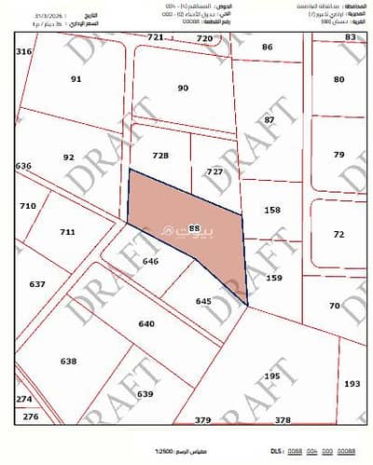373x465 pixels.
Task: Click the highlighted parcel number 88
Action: [x=195, y=227]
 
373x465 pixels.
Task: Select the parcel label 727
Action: [x=214, y=172]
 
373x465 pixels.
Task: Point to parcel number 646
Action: [x=151, y=263]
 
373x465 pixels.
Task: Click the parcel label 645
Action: [x=204, y=301]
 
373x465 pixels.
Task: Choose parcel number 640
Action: [x=145, y=323]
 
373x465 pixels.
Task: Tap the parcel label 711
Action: [x=67, y=232]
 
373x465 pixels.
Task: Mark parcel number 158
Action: [x=272, y=211]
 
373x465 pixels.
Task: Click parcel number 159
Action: [x=273, y=278]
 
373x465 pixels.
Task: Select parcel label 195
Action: [x=271, y=376]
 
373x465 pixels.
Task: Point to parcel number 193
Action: [x=351, y=383]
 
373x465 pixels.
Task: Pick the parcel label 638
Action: [x=68, y=361]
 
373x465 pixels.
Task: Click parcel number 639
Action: [x=145, y=394]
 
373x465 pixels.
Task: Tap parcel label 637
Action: [x=37, y=283]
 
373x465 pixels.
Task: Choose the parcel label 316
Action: [x=24, y=52]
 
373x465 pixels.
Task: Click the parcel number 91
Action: [x=76, y=79]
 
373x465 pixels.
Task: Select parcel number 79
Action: [x=338, y=154]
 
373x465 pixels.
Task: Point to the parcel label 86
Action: [x=268, y=47]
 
